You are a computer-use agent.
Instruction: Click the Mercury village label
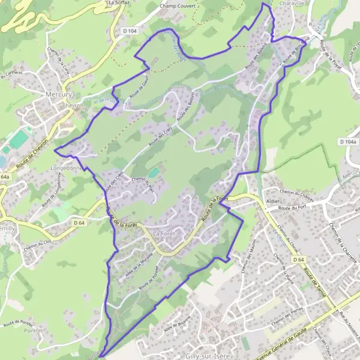pyautogui.click(x=58, y=94)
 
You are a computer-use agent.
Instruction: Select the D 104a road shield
pyautogui.click(x=347, y=142)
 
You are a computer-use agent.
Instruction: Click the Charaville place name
pyautogui.click(x=293, y=2)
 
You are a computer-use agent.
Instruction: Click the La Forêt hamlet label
pyautogui.click(x=164, y=233)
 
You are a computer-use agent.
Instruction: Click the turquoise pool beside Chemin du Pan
pyautogui.click(x=154, y=172)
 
